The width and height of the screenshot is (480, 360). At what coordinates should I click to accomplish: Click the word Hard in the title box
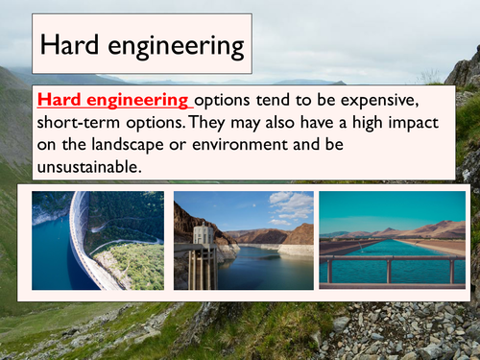(x=66, y=44)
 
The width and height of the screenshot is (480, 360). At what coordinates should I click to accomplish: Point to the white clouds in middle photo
(x=288, y=206)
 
